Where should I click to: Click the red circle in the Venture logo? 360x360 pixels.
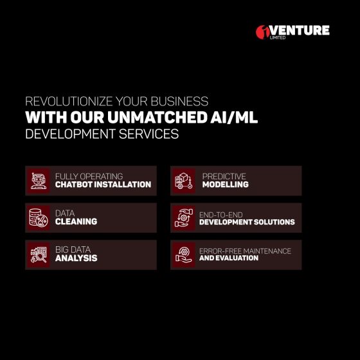click(x=263, y=32)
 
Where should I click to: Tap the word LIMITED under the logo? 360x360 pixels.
click(x=278, y=38)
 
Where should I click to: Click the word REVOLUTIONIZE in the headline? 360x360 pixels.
click(x=69, y=102)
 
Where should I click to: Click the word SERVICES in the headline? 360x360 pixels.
click(x=148, y=134)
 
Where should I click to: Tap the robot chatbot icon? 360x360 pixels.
click(x=39, y=181)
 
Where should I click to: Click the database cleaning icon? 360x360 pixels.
click(x=39, y=218)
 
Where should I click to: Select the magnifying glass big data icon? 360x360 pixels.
click(x=39, y=255)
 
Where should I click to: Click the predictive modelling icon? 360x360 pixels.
click(x=183, y=181)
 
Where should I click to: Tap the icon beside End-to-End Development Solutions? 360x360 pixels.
click(x=183, y=218)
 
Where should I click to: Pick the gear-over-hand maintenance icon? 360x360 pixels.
click(x=183, y=255)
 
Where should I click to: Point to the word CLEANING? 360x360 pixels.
click(x=76, y=222)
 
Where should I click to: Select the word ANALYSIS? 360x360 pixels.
click(x=76, y=258)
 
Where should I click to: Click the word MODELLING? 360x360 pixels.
click(x=226, y=184)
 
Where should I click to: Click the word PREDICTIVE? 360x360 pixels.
click(x=224, y=176)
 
